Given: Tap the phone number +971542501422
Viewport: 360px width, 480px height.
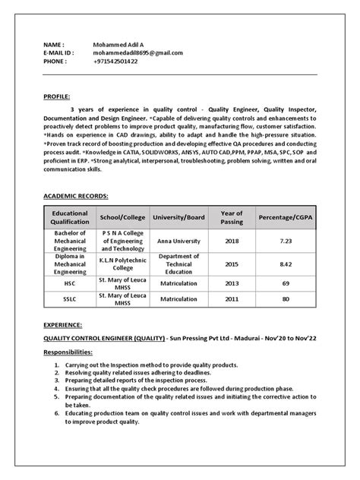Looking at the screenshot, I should (117, 62).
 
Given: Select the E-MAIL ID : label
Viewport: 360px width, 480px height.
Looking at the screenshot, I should (58, 53).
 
